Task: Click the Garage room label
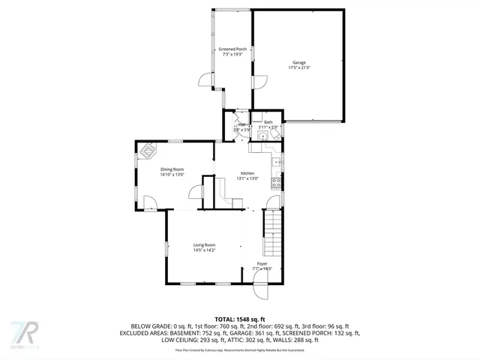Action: [298, 62]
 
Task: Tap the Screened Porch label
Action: [232, 49]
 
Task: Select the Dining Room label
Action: [172, 169]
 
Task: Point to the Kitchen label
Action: [247, 172]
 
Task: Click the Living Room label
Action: [204, 245]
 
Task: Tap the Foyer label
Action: [262, 264]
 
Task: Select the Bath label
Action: [268, 121]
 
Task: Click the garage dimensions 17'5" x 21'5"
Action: [298, 67]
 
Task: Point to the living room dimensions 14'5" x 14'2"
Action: [204, 250]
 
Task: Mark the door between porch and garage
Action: [259, 82]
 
